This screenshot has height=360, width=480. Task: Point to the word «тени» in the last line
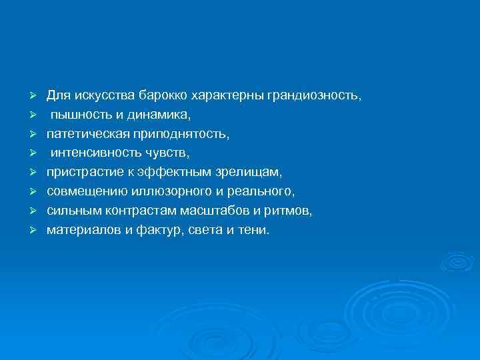pos(253,230)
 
